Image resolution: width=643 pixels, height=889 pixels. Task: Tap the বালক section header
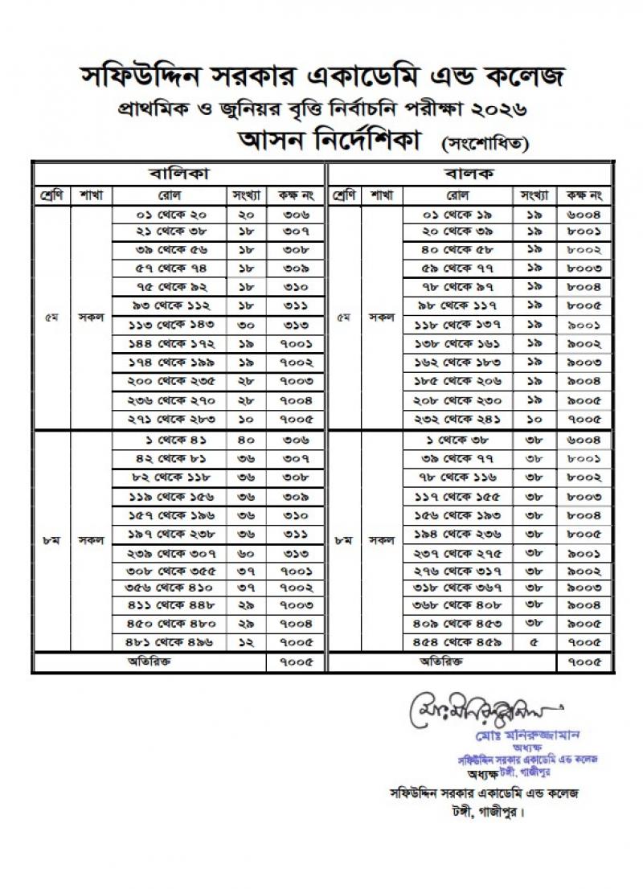[x=469, y=174]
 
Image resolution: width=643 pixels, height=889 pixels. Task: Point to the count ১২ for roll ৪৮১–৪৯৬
[x=247, y=642]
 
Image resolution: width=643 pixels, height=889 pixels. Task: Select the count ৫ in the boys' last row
[x=534, y=642]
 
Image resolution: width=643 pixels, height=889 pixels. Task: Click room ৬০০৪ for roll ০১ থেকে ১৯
[x=584, y=215]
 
